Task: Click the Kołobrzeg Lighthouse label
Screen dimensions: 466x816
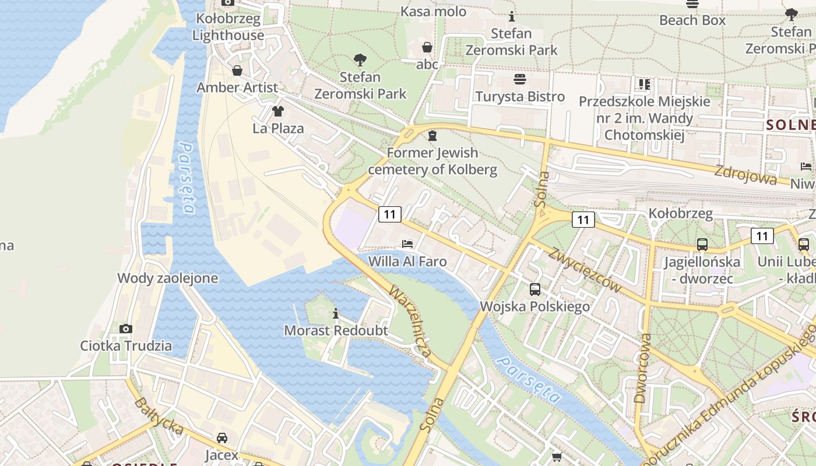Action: click(x=228, y=27)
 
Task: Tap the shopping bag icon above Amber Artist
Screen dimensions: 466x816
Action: click(x=237, y=71)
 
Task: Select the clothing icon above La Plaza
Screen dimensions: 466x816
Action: click(x=278, y=111)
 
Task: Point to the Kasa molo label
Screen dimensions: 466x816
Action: click(x=434, y=11)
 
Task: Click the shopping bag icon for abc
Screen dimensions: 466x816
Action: click(x=427, y=47)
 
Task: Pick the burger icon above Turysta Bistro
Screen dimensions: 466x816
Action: click(x=520, y=79)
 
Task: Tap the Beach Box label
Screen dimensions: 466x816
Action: click(x=692, y=20)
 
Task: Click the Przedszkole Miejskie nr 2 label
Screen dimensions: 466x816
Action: click(x=644, y=118)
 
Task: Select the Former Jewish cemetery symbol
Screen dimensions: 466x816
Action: click(x=432, y=136)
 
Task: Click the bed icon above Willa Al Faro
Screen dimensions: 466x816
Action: click(x=407, y=243)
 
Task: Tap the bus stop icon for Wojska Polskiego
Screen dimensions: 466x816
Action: click(x=534, y=289)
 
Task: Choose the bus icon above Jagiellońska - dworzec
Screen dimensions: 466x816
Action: click(x=702, y=245)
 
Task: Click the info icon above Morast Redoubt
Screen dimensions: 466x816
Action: click(x=335, y=314)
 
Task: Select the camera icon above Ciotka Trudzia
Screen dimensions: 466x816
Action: click(x=126, y=329)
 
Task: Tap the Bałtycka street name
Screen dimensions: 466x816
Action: click(x=159, y=416)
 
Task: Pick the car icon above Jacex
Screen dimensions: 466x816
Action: click(x=221, y=437)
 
